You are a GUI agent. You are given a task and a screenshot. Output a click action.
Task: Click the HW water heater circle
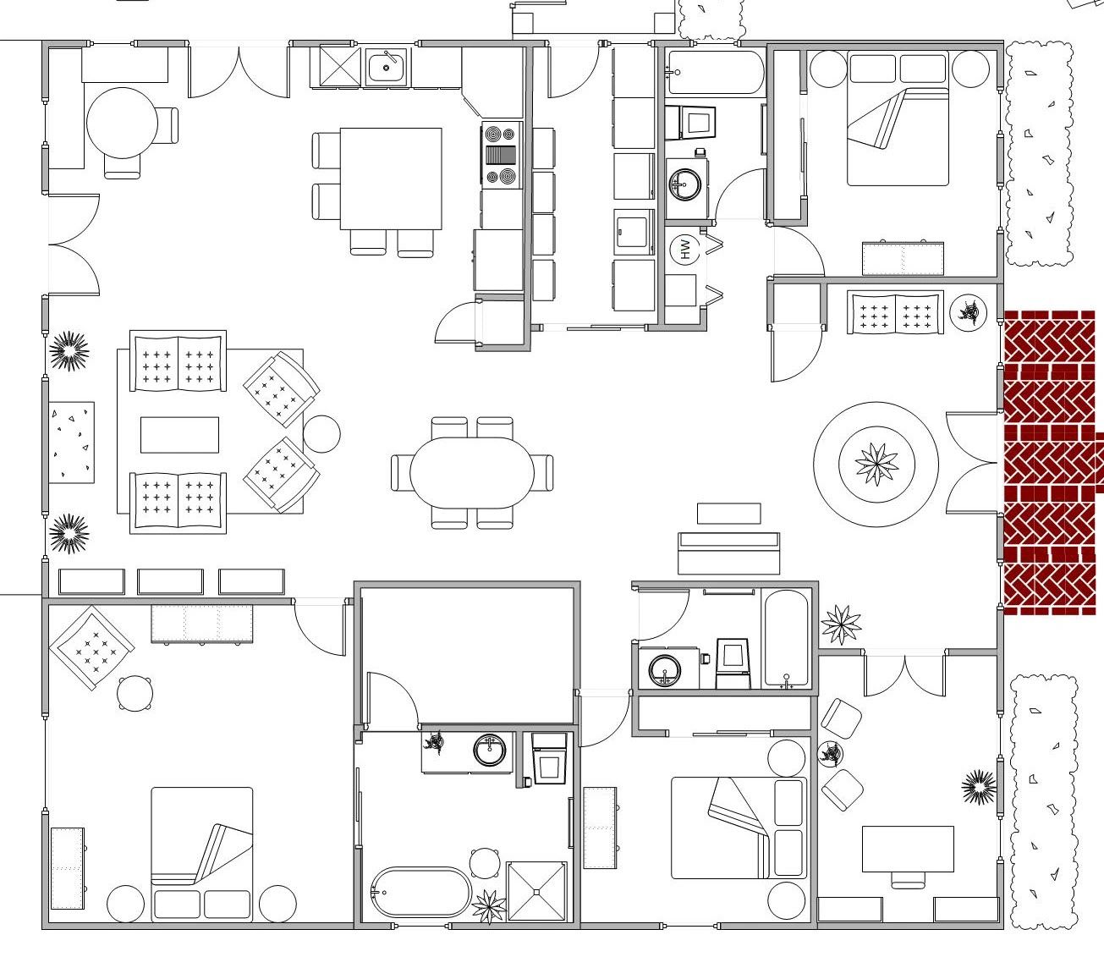pyautogui.click(x=685, y=249)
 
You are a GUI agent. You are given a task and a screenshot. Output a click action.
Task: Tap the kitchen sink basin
pyautogui.click(x=387, y=66)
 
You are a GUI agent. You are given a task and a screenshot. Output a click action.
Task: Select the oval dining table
pyautogui.click(x=472, y=472)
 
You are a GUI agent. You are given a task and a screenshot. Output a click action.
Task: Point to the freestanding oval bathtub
pyautogui.click(x=421, y=892)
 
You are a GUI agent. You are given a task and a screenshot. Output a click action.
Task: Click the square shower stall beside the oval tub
pyautogui.click(x=536, y=891)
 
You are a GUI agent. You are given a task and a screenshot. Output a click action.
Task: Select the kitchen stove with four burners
pyautogui.click(x=502, y=155)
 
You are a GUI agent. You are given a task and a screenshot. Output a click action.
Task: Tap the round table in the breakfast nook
pyautogui.click(x=123, y=123)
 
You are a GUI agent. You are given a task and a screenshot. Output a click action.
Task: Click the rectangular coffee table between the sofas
pyautogui.click(x=179, y=434)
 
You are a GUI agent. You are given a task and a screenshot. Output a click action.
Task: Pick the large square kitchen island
pyautogui.click(x=391, y=179)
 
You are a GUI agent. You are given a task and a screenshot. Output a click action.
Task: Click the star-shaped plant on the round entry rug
pyautogui.click(x=876, y=464)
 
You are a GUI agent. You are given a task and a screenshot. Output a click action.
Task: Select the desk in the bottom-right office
pyautogui.click(x=908, y=849)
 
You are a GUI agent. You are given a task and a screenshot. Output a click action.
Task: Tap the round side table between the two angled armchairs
pyautogui.click(x=321, y=434)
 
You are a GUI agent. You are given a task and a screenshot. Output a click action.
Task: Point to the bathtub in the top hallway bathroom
pyautogui.click(x=715, y=72)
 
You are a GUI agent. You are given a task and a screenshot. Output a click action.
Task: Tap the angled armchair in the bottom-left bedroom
pyautogui.click(x=92, y=647)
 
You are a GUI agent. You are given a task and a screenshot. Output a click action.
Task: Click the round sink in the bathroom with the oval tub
pyautogui.click(x=489, y=751)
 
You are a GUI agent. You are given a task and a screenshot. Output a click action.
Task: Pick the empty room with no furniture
pyautogui.click(x=468, y=655)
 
